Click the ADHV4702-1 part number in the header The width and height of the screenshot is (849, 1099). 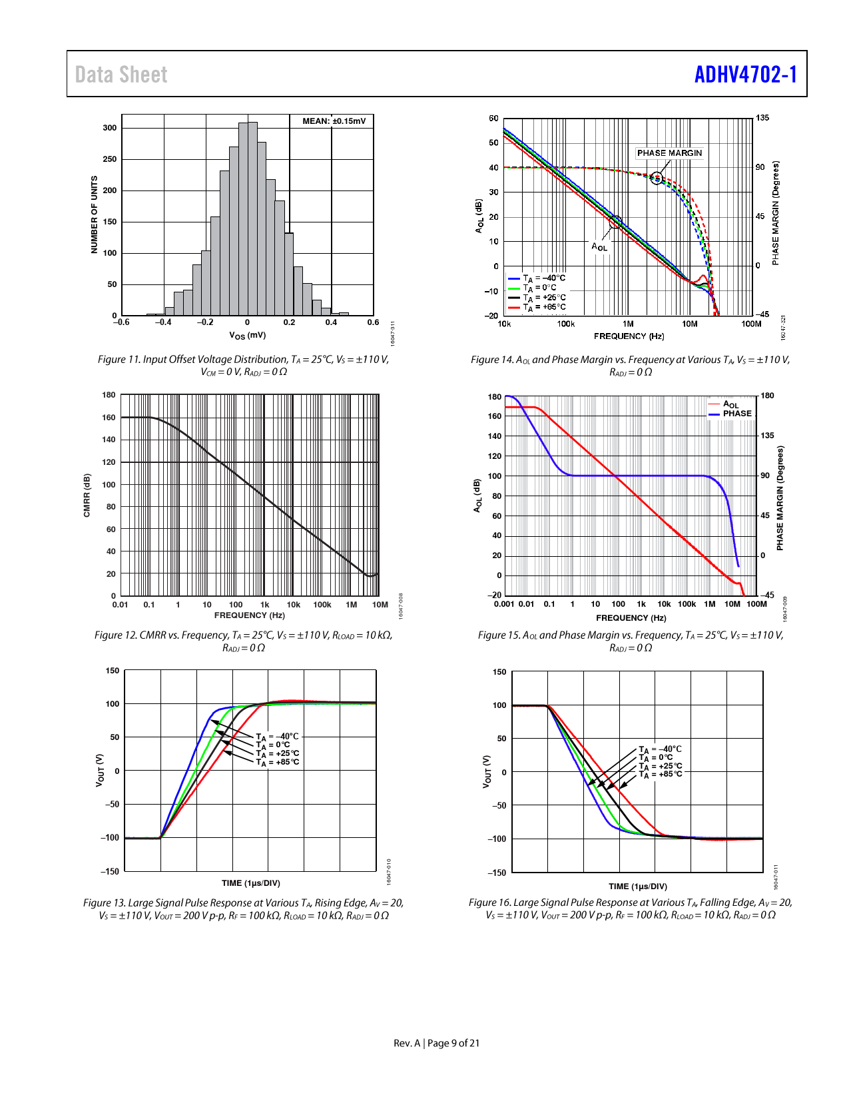(x=745, y=75)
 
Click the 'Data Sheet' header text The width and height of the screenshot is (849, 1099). (x=121, y=75)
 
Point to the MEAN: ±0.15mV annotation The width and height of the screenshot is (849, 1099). (x=334, y=121)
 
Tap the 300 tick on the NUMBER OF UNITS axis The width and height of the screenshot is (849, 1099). (x=110, y=128)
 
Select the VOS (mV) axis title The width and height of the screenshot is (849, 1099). (x=247, y=336)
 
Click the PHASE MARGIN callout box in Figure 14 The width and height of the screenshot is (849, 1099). (x=669, y=153)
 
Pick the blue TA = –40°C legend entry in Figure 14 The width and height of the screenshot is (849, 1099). (x=537, y=278)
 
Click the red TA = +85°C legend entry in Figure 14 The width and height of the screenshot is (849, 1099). (x=537, y=308)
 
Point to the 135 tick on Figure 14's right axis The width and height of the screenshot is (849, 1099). (x=762, y=118)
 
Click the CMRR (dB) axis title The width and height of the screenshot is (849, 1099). (x=87, y=495)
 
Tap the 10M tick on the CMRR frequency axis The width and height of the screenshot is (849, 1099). (x=380, y=605)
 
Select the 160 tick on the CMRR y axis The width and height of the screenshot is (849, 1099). (x=109, y=418)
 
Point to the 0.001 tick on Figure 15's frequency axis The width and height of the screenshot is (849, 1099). (x=504, y=604)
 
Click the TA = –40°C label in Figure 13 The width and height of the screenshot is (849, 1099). (x=278, y=737)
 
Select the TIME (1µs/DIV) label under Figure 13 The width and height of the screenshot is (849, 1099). (x=251, y=883)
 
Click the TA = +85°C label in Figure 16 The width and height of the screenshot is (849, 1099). (x=661, y=774)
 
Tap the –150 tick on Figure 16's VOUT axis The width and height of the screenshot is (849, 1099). (x=498, y=873)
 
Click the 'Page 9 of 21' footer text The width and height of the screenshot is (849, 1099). (x=453, y=1043)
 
